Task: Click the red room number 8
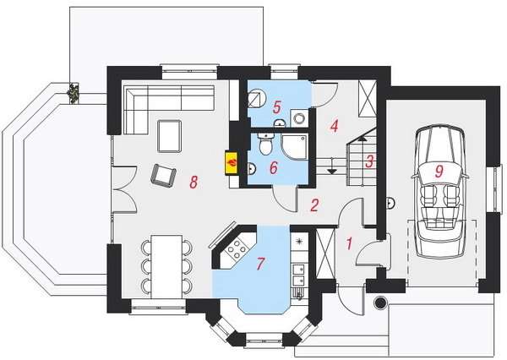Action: [194, 182]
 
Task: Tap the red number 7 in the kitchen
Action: [260, 264]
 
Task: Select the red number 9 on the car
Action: [439, 171]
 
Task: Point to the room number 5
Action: [276, 107]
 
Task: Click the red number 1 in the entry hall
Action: [349, 243]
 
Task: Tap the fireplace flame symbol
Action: [232, 162]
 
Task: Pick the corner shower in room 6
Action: [294, 148]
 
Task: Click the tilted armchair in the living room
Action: [164, 175]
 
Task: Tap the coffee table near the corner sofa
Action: [170, 136]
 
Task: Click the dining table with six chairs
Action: [166, 266]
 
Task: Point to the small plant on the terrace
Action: [73, 94]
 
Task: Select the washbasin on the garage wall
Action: [390, 203]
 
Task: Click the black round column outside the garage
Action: [380, 303]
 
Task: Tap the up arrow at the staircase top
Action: [363, 139]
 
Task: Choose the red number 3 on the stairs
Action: [369, 161]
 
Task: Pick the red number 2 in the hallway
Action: [314, 205]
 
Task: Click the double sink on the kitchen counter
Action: [298, 275]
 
